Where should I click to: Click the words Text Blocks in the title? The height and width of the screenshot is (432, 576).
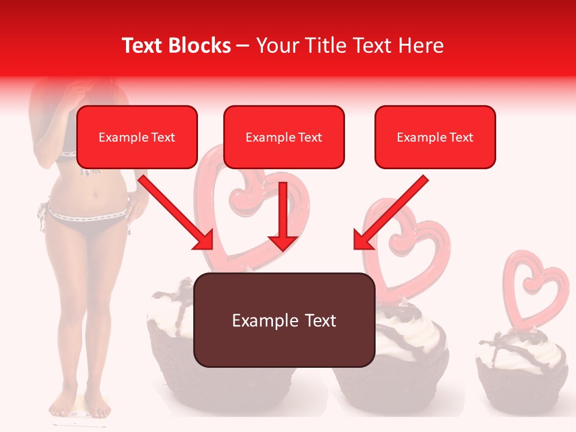click(176, 46)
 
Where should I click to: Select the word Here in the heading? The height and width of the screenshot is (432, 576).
click(422, 46)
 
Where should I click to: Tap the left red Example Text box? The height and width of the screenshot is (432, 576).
click(137, 137)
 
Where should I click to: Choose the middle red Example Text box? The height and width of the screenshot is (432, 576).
click(284, 137)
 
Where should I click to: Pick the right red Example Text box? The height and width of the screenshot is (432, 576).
click(435, 137)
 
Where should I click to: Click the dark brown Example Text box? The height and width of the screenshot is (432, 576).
click(284, 320)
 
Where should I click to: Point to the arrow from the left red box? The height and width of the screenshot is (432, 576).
click(177, 213)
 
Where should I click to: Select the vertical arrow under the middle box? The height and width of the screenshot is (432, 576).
click(283, 216)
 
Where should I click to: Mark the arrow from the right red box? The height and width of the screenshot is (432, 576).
click(390, 213)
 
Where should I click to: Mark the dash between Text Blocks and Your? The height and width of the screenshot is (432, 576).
click(243, 47)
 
